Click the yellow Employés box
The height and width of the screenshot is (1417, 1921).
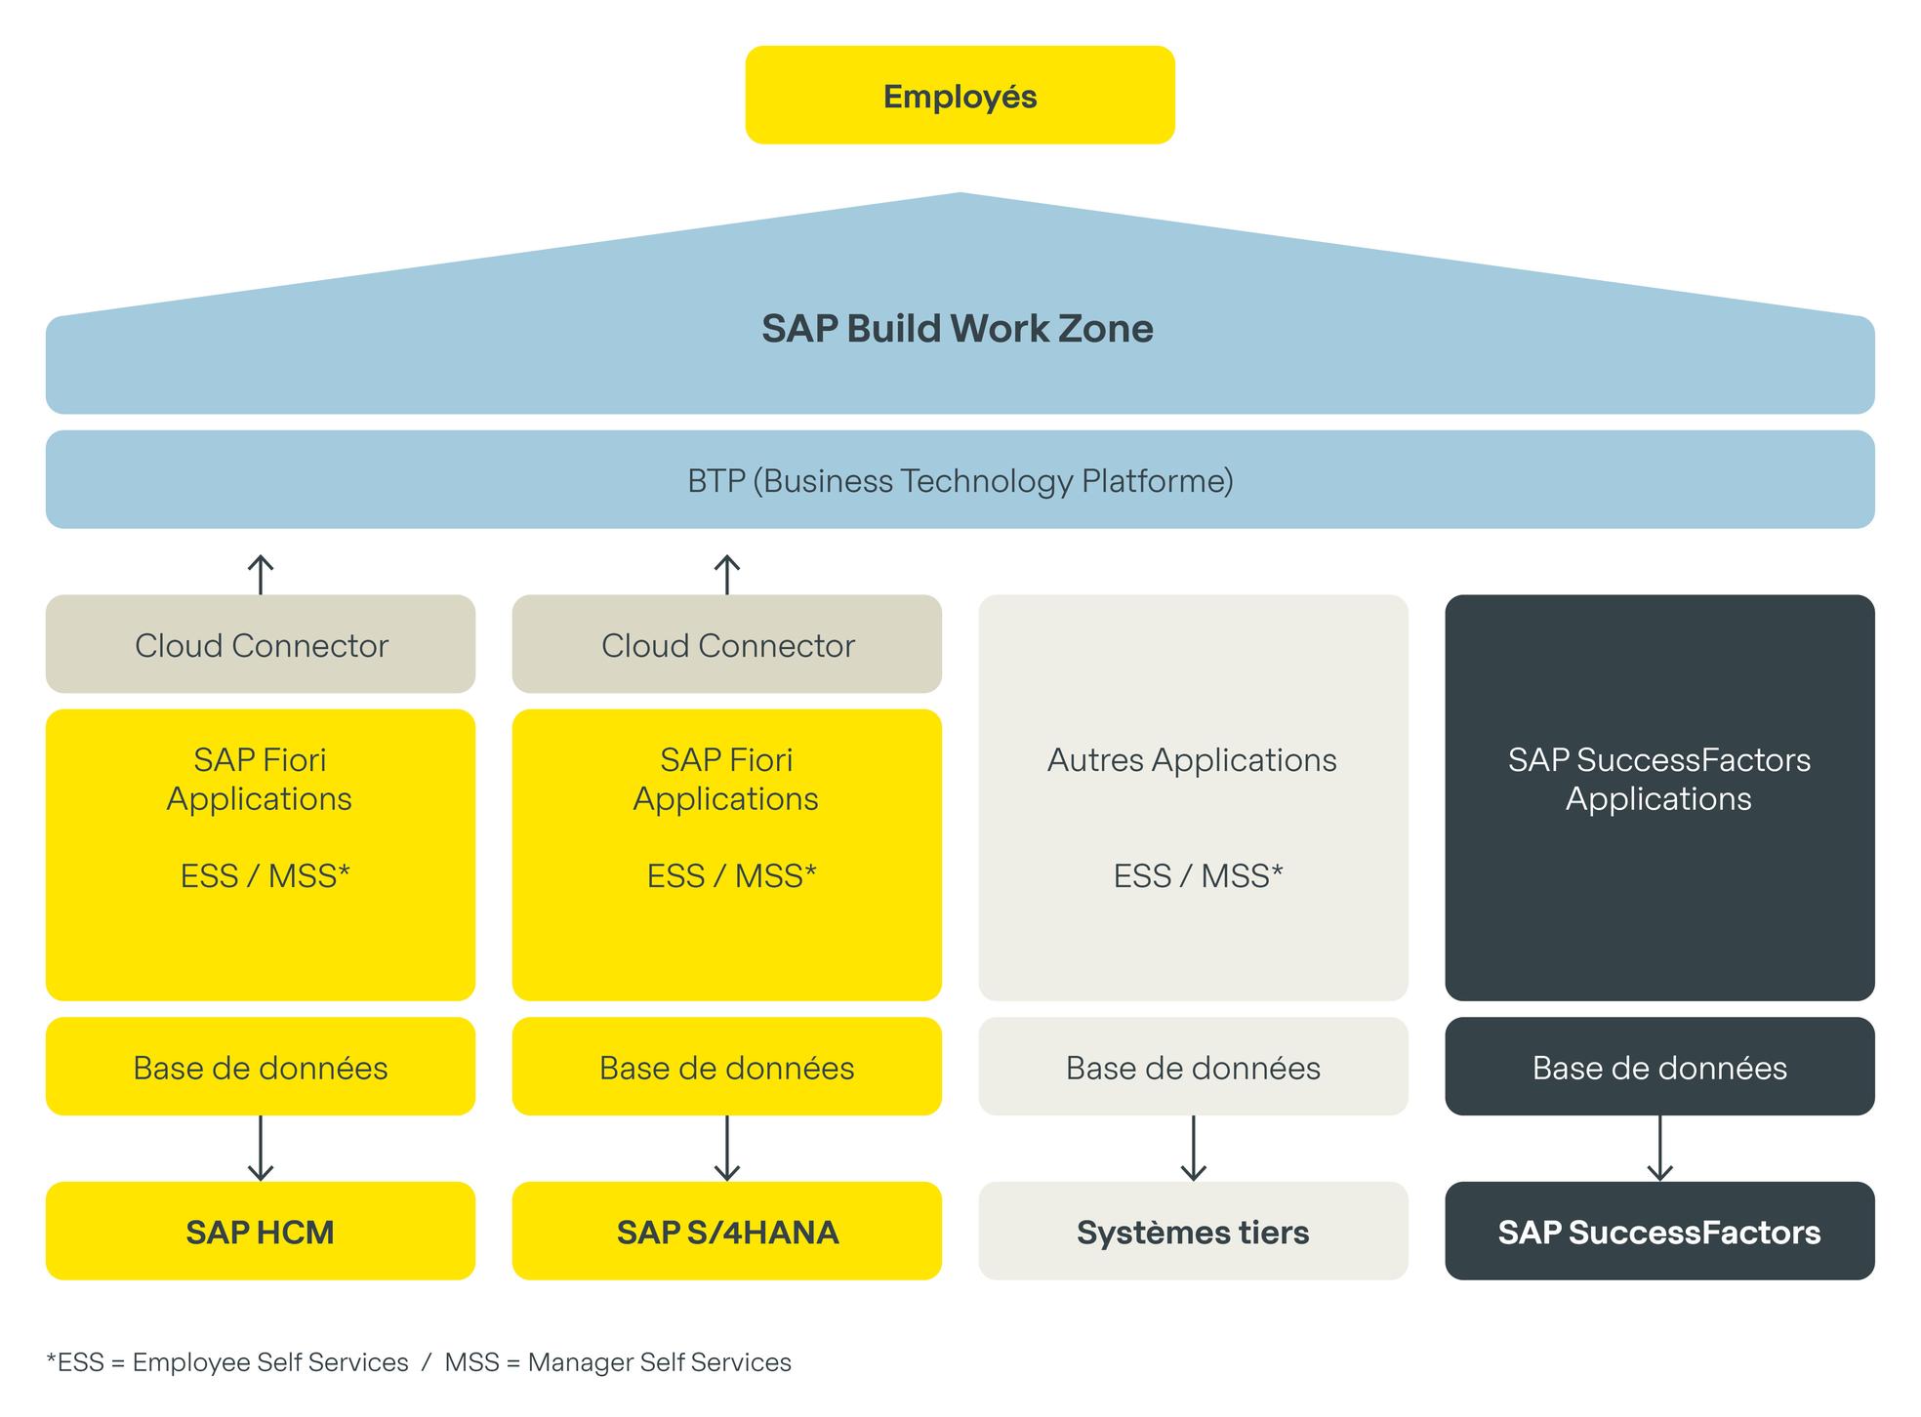point(960,96)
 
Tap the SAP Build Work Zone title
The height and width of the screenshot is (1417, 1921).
point(957,329)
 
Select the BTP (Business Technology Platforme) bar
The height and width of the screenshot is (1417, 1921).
point(960,480)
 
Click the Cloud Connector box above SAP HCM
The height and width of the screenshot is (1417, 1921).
point(261,645)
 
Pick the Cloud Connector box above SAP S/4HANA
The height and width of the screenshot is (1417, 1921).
point(727,645)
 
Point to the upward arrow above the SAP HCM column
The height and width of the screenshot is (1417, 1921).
point(261,574)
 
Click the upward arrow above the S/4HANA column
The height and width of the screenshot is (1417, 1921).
point(727,574)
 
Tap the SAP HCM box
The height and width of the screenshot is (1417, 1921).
point(261,1232)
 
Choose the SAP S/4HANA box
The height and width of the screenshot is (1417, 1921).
point(727,1232)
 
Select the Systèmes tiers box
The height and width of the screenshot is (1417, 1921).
point(1193,1232)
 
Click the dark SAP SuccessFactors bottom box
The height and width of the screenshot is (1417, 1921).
point(1659,1232)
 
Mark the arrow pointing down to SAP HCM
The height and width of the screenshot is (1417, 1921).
point(261,1149)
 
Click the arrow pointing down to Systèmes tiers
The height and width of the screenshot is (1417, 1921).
point(1193,1149)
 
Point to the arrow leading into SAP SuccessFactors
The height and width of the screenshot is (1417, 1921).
point(1659,1149)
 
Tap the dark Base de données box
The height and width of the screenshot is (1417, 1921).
point(1659,1068)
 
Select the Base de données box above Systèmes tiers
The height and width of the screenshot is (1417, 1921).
point(1193,1068)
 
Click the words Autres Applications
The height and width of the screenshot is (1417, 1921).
point(1192,760)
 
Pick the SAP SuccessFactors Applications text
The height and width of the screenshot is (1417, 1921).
point(1659,779)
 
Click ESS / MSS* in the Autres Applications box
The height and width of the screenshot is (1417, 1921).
point(1198,875)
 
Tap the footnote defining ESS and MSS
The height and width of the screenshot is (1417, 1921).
point(419,1362)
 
